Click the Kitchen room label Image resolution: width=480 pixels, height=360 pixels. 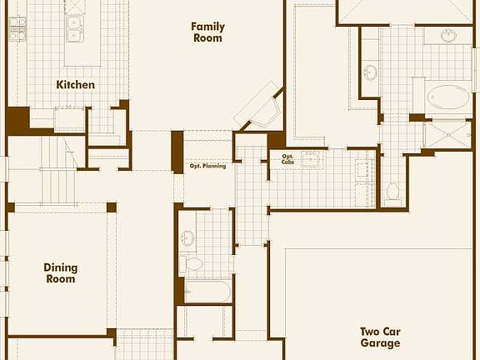tap(75, 84)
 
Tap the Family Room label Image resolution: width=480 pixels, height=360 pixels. tap(207, 32)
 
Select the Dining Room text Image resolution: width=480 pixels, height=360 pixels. tap(60, 272)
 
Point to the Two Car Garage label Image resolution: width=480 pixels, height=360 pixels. tap(380, 337)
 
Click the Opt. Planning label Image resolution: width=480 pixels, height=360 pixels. tap(207, 166)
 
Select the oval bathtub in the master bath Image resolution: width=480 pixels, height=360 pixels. tap(448, 97)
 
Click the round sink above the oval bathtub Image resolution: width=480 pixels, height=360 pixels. tap(448, 36)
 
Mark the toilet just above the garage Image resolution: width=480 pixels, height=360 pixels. tap(393, 192)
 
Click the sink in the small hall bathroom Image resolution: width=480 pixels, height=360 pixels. tap(188, 237)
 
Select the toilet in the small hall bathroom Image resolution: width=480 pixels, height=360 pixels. tap(194, 265)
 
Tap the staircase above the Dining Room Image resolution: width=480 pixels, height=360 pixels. tap(57, 180)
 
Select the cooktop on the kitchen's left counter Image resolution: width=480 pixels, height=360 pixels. tap(16, 32)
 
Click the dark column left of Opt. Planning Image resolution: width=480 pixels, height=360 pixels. tap(177, 152)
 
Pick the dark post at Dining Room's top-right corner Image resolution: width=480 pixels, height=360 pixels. tap(111, 207)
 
